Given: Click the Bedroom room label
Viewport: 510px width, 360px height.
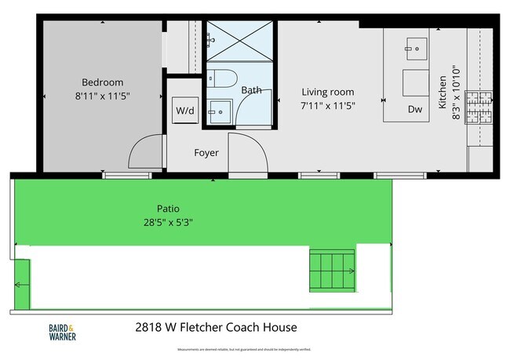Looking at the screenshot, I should [x=103, y=82].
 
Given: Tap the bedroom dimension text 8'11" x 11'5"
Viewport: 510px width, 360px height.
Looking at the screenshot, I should [x=103, y=96].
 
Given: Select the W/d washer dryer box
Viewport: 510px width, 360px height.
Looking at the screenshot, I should [x=185, y=111].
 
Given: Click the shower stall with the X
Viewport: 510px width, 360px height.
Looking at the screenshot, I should [x=239, y=42].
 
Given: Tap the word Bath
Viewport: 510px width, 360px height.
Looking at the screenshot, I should [x=251, y=90].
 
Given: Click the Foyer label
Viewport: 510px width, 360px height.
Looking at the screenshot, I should [x=206, y=153].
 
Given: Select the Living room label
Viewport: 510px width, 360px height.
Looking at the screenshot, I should [x=329, y=92].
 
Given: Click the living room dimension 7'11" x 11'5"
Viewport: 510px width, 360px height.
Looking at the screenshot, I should [x=329, y=105].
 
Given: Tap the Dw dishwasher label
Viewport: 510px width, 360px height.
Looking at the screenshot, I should [x=414, y=111].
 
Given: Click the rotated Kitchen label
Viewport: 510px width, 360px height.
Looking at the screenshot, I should [x=443, y=91].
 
